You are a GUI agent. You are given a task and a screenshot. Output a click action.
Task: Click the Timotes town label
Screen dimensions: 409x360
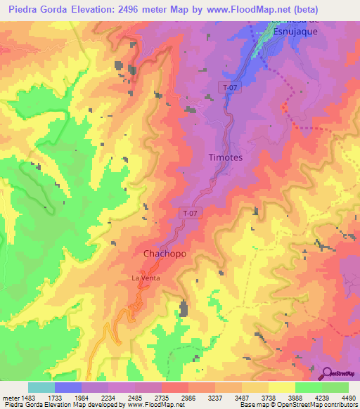click(226, 158)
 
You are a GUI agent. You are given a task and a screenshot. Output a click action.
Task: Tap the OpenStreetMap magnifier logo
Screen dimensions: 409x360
click(327, 373)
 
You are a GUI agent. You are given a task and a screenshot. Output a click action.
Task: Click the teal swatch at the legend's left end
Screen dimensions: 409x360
click(41, 387)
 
